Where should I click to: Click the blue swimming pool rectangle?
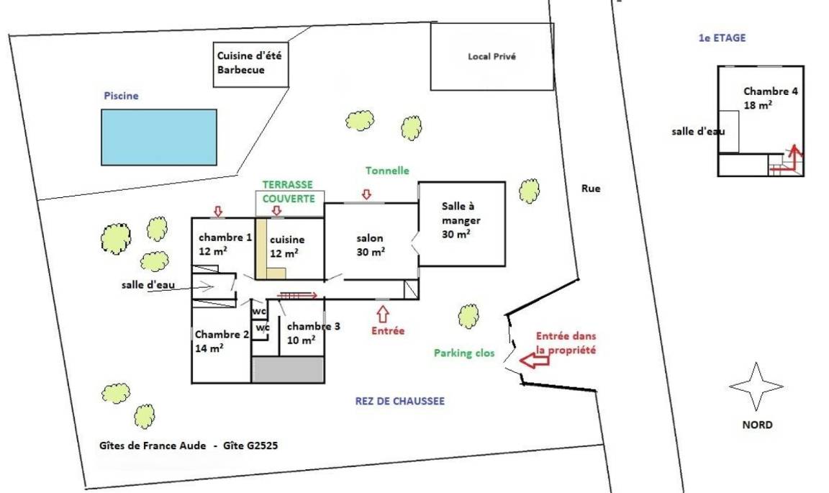[158, 137]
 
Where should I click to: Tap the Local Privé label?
[491, 57]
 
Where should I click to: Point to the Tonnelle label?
[387, 171]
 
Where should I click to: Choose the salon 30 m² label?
[371, 245]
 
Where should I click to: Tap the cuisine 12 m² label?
[286, 246]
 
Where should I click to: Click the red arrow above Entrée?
[382, 314]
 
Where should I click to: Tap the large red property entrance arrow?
[534, 360]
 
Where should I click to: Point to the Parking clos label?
[464, 353]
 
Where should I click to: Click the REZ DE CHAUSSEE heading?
[399, 402]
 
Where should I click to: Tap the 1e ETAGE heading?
[722, 38]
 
